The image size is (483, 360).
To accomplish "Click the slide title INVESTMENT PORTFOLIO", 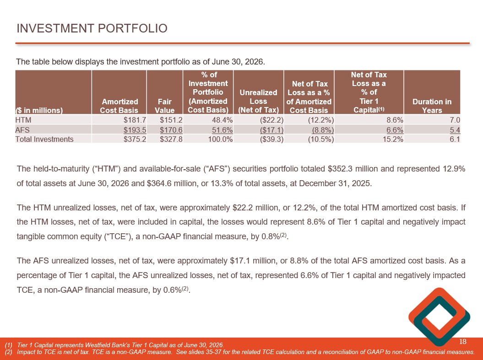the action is tap(92, 28).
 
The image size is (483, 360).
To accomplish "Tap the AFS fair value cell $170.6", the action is tap(171, 130).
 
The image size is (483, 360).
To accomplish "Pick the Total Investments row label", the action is tap(44, 140).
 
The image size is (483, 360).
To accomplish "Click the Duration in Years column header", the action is tap(432, 106).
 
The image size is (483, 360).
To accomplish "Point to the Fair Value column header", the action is tap(164, 106).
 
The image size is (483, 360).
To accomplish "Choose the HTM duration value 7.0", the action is tap(455, 120).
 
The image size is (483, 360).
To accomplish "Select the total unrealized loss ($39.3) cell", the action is tap(271, 140).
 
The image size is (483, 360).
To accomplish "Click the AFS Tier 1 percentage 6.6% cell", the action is tap(395, 130).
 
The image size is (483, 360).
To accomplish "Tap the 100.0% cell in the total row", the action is tap(220, 140).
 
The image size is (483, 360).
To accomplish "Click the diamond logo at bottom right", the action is tap(439, 317).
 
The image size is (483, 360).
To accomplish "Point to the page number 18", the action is tap(463, 341).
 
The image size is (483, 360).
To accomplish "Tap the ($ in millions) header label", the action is tap(39, 110).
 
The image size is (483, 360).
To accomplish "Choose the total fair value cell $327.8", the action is tap(171, 140).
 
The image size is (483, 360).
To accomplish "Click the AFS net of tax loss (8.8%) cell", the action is tap(323, 130).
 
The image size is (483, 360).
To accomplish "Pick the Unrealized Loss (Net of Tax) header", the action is tap(258, 101).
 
